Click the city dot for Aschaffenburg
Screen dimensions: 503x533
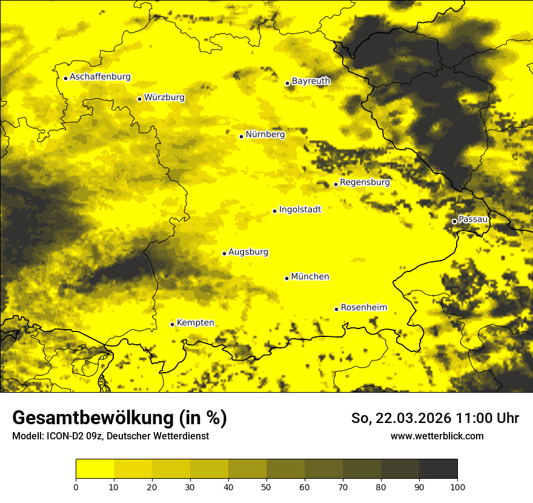pos(65,78)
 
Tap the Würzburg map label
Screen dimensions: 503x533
pos(164,98)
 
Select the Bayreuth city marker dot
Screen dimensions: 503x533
pos(287,83)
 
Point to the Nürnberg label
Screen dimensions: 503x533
pos(265,135)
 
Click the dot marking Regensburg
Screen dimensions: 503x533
pos(336,184)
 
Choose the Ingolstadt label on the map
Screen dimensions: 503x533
pos(300,210)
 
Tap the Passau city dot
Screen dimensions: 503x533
pos(454,221)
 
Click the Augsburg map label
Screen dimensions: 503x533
pos(248,252)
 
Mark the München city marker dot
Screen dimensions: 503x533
pos(286,278)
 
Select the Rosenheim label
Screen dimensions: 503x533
pos(363,308)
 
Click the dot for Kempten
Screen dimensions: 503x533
pos(172,324)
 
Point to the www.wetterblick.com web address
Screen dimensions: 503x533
pos(437,436)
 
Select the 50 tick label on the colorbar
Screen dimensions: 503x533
pos(266,487)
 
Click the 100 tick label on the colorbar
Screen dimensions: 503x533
pos(457,487)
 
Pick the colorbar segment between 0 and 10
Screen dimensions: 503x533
pos(94,469)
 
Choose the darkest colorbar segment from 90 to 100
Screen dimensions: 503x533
pos(438,469)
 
